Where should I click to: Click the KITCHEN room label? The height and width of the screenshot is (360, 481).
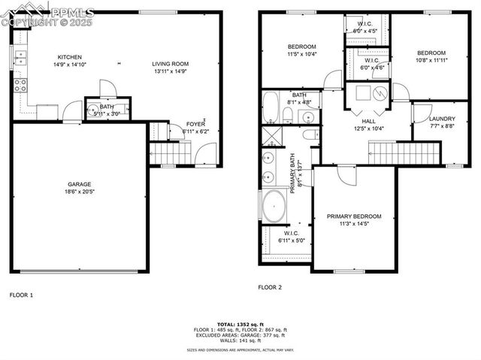pyautogui.click(x=70, y=57)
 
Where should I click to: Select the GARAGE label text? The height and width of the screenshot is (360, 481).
pyautogui.click(x=80, y=184)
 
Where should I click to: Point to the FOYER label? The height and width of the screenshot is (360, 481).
pyautogui.click(x=195, y=124)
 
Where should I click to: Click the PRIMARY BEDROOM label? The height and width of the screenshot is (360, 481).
pyautogui.click(x=354, y=216)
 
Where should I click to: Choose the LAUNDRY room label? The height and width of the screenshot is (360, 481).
pyautogui.click(x=442, y=119)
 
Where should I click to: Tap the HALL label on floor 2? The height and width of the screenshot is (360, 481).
pyautogui.click(x=368, y=121)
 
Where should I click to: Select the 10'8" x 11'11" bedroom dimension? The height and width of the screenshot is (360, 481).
pyautogui.click(x=432, y=60)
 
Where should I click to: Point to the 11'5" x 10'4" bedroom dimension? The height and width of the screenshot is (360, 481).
pyautogui.click(x=301, y=54)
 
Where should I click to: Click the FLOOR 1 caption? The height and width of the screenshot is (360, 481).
pyautogui.click(x=21, y=295)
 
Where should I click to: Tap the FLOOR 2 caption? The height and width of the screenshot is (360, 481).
pyautogui.click(x=270, y=287)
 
